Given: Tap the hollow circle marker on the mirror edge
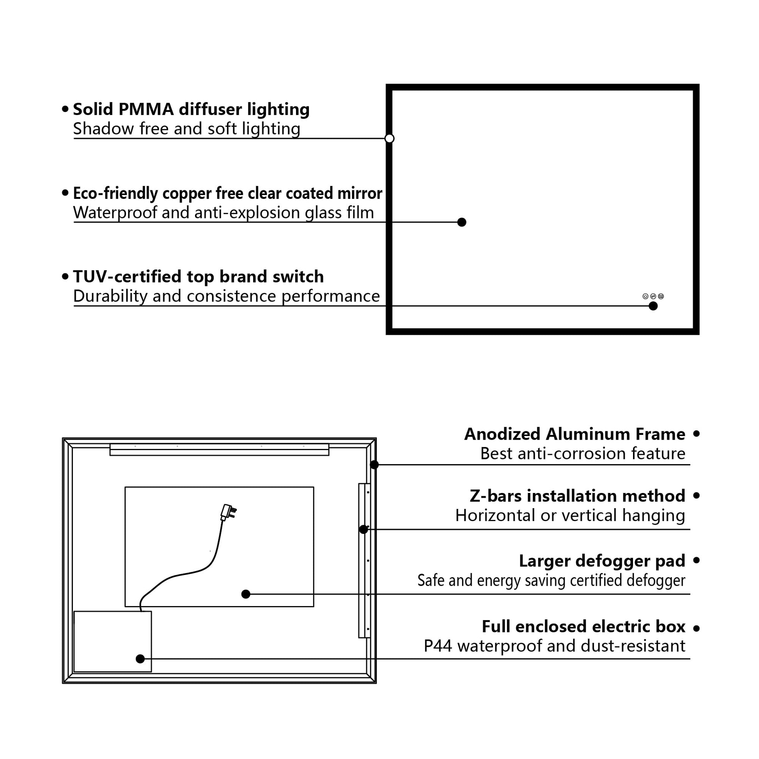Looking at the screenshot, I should [x=389, y=138].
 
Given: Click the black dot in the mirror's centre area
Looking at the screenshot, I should [x=462, y=222].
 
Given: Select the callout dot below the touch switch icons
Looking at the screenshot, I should [x=653, y=306].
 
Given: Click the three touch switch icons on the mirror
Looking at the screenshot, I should [x=653, y=296].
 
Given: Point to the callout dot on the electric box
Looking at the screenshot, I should [x=140, y=659].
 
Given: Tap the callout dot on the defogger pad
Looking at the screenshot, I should [x=246, y=594].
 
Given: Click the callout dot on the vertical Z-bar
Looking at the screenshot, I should [x=364, y=529].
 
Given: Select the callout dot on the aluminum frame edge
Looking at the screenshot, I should [x=374, y=465].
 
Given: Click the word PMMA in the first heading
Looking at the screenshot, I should [x=146, y=109].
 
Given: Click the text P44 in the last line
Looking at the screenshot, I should [x=438, y=646].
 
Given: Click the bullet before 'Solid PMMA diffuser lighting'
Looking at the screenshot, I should [x=65, y=109].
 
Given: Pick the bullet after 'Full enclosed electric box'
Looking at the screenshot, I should [x=697, y=629].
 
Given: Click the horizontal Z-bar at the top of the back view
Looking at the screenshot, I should [x=219, y=449].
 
